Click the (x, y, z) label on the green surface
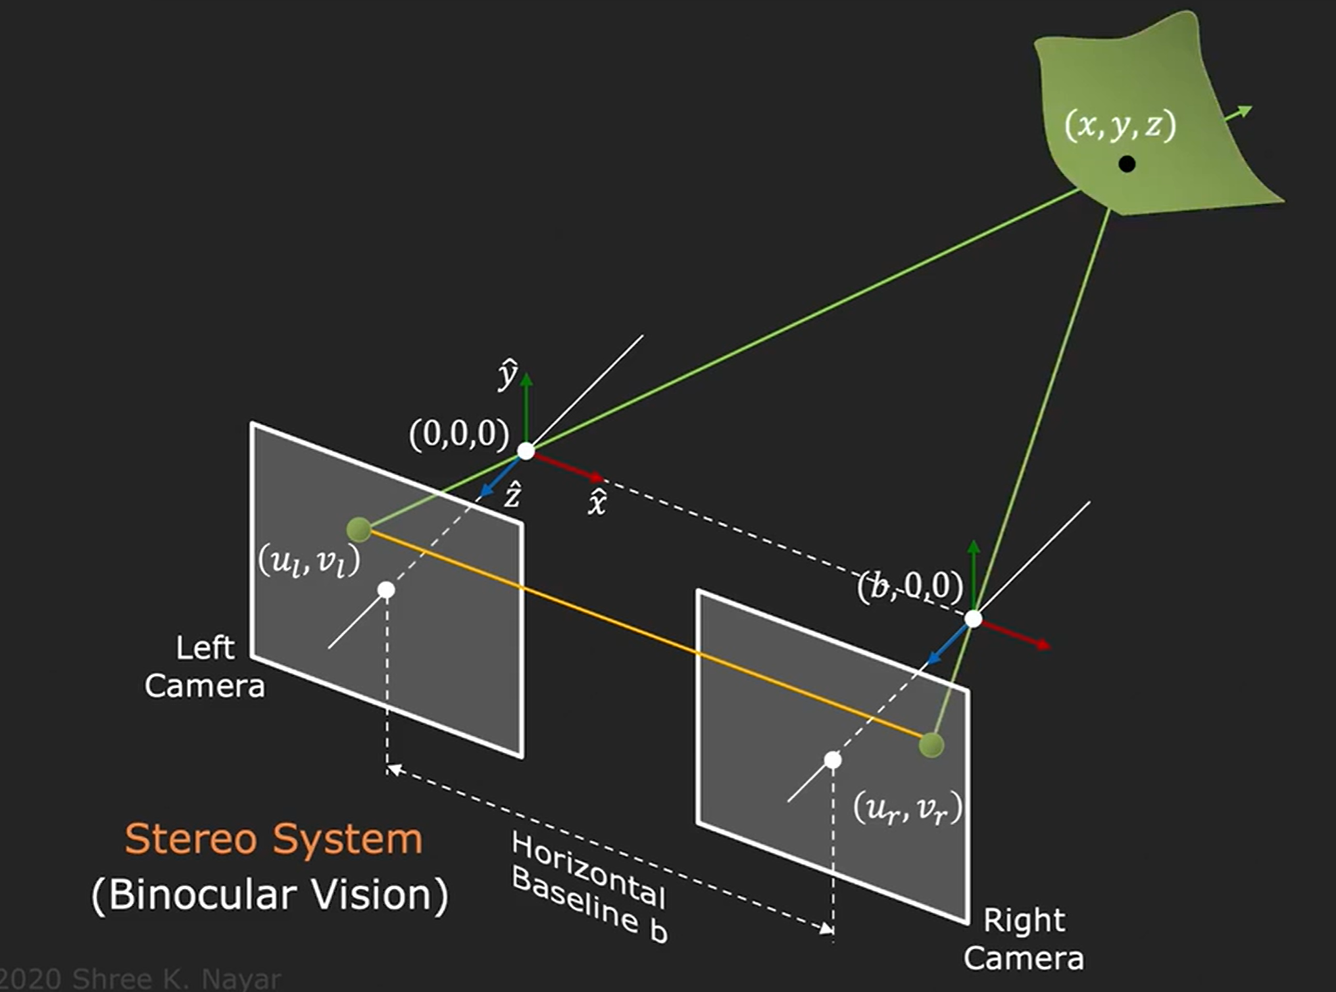tap(1120, 125)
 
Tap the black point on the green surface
tap(1127, 164)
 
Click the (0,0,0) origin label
tap(459, 435)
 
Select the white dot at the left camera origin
tap(526, 451)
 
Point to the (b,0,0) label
tap(910, 586)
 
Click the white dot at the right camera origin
tap(974, 619)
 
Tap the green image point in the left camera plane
tap(359, 529)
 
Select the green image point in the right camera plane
tap(931, 745)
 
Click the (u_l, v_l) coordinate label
tap(309, 563)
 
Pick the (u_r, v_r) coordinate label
tap(908, 809)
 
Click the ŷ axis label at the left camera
tap(507, 375)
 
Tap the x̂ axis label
tap(597, 503)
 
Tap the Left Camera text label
tap(205, 667)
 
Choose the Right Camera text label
tap(1024, 939)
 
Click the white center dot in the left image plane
tap(387, 590)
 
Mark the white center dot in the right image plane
tap(833, 760)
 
